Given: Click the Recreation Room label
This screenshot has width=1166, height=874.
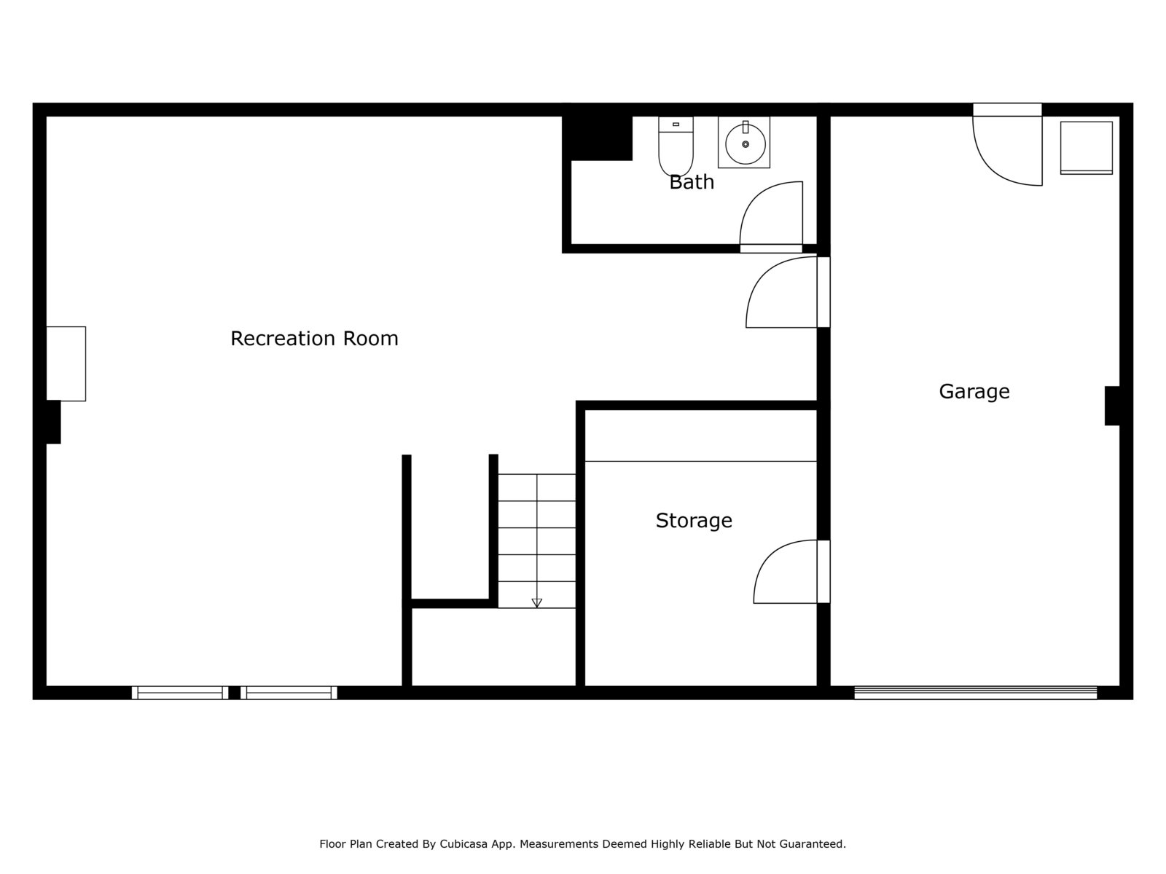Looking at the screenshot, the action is tap(314, 339).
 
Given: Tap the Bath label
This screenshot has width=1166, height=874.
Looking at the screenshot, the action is tap(692, 182).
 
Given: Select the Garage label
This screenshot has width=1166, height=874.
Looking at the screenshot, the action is tap(974, 392).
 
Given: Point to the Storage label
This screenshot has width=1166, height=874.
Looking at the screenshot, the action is tap(694, 521).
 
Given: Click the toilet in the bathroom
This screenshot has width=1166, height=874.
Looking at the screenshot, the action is tap(676, 144).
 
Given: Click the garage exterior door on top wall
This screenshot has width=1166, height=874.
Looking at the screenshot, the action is tap(1007, 146).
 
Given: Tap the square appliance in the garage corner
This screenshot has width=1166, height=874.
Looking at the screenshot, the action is tap(1086, 148).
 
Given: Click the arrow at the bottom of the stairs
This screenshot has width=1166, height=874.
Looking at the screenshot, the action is tap(537, 602).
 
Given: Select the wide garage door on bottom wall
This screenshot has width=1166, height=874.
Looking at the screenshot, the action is tap(975, 693).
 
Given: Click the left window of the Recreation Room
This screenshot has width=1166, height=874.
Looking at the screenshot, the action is tap(180, 693).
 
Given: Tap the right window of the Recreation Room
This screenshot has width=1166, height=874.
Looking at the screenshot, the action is tap(289, 693).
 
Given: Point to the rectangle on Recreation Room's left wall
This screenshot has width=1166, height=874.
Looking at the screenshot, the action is tap(66, 363).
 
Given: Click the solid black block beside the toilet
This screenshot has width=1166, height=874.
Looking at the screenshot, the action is tap(598, 137).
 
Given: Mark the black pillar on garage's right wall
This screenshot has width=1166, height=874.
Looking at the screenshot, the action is tap(1112, 406).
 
